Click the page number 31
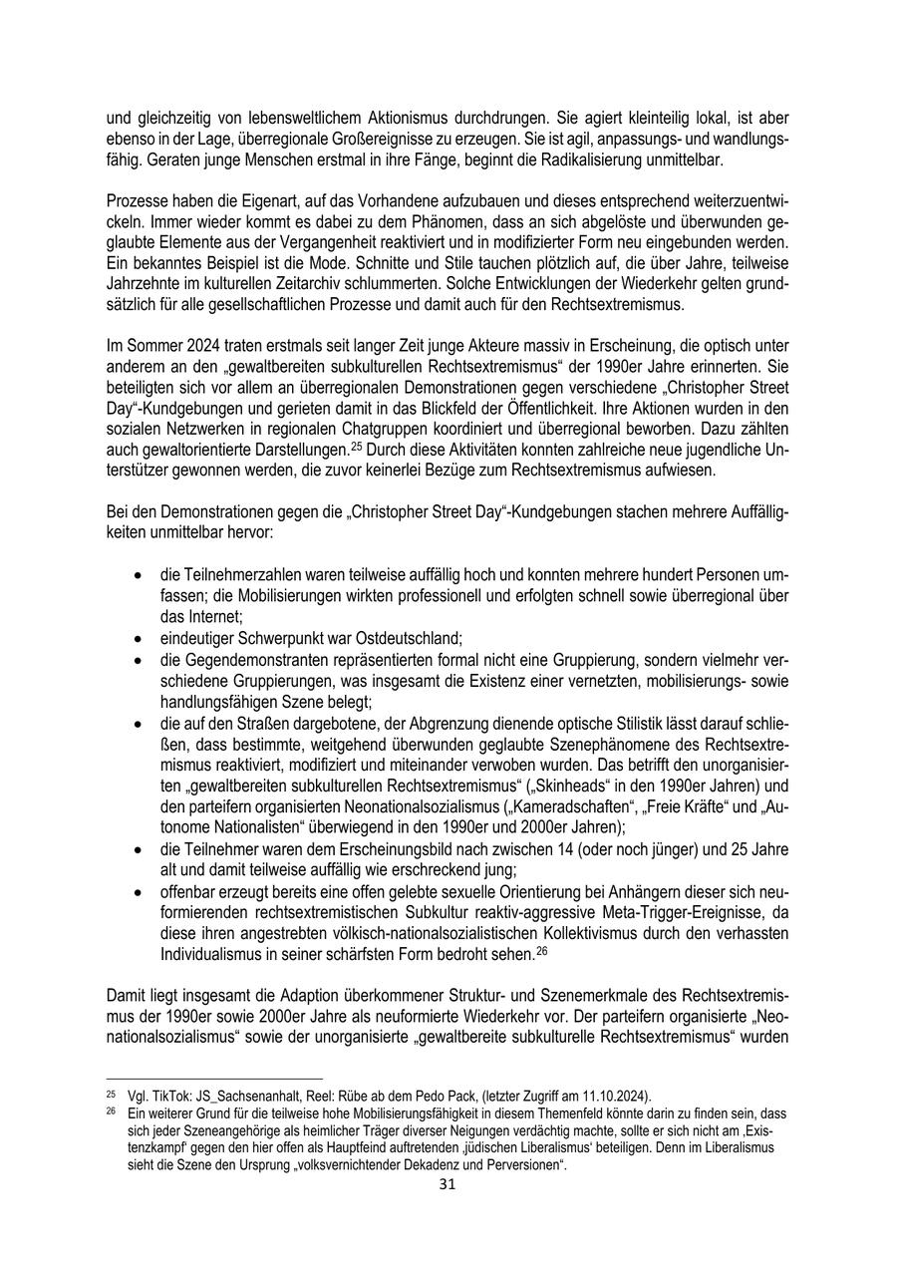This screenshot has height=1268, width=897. (x=448, y=1184)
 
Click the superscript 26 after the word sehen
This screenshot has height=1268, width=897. (x=542, y=950)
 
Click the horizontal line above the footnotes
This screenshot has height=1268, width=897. (x=214, y=1079)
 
